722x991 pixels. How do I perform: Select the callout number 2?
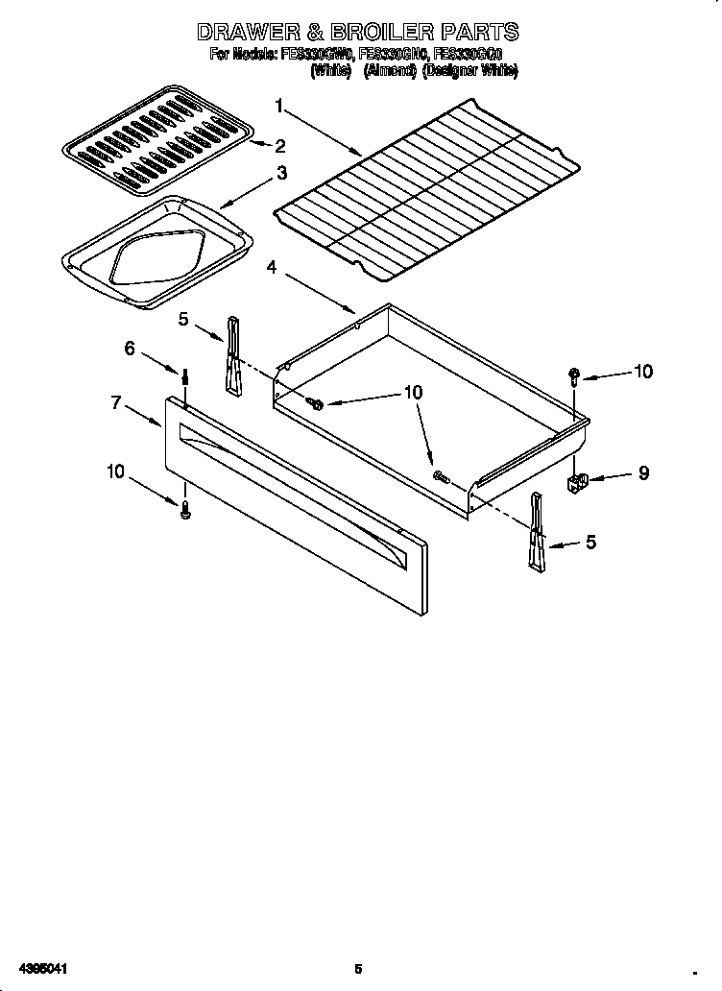(280, 146)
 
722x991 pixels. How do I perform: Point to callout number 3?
(281, 173)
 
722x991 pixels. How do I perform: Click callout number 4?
(272, 268)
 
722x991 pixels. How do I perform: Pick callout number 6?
(130, 350)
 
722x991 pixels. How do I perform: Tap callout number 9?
(643, 472)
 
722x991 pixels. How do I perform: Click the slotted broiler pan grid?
(156, 134)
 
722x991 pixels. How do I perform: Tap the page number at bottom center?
(357, 969)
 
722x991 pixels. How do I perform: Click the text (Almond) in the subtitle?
(390, 70)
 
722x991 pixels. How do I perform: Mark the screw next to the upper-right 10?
(573, 375)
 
